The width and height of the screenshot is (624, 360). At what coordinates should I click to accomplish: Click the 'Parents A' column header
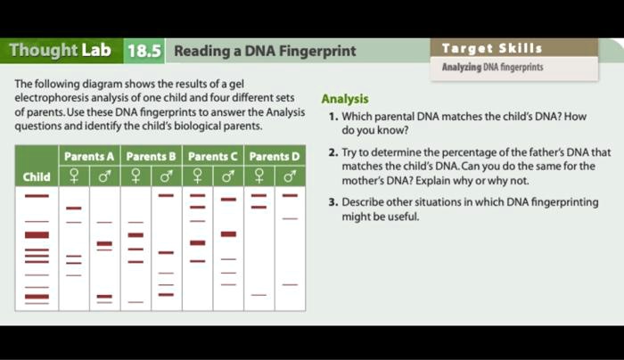click(89, 157)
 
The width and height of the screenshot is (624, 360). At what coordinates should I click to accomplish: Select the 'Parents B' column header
click(151, 157)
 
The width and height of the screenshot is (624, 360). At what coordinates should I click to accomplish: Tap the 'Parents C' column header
click(212, 157)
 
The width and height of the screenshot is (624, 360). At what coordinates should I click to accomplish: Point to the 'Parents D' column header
click(274, 157)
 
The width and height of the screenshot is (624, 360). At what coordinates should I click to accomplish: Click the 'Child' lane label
click(37, 176)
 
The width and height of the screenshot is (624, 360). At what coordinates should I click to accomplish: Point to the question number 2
click(332, 153)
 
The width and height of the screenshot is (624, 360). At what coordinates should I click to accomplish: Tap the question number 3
click(332, 202)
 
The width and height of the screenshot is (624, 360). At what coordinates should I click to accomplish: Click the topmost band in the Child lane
click(37, 195)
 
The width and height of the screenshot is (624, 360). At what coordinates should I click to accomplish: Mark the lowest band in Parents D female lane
click(259, 295)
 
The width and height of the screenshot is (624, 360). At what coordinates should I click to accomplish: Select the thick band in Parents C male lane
click(228, 234)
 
